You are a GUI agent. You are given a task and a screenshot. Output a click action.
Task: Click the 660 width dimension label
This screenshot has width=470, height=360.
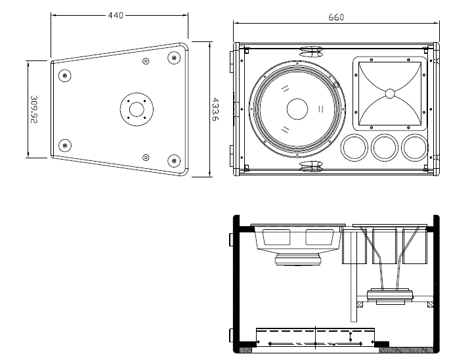335,18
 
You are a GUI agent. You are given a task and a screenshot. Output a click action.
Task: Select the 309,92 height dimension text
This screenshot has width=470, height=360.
35,110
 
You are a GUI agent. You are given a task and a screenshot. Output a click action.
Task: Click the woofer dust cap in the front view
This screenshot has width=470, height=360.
297,108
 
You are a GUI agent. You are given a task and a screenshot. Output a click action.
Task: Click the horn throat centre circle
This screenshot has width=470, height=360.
390,93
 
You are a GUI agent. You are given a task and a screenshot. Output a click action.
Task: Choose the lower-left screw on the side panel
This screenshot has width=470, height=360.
64,145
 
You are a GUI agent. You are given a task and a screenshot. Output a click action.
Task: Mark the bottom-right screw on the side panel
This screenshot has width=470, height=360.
174,159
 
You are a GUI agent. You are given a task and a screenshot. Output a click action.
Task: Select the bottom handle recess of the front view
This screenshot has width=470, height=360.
310,166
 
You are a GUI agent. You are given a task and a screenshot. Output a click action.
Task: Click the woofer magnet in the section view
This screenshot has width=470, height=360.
297,261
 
